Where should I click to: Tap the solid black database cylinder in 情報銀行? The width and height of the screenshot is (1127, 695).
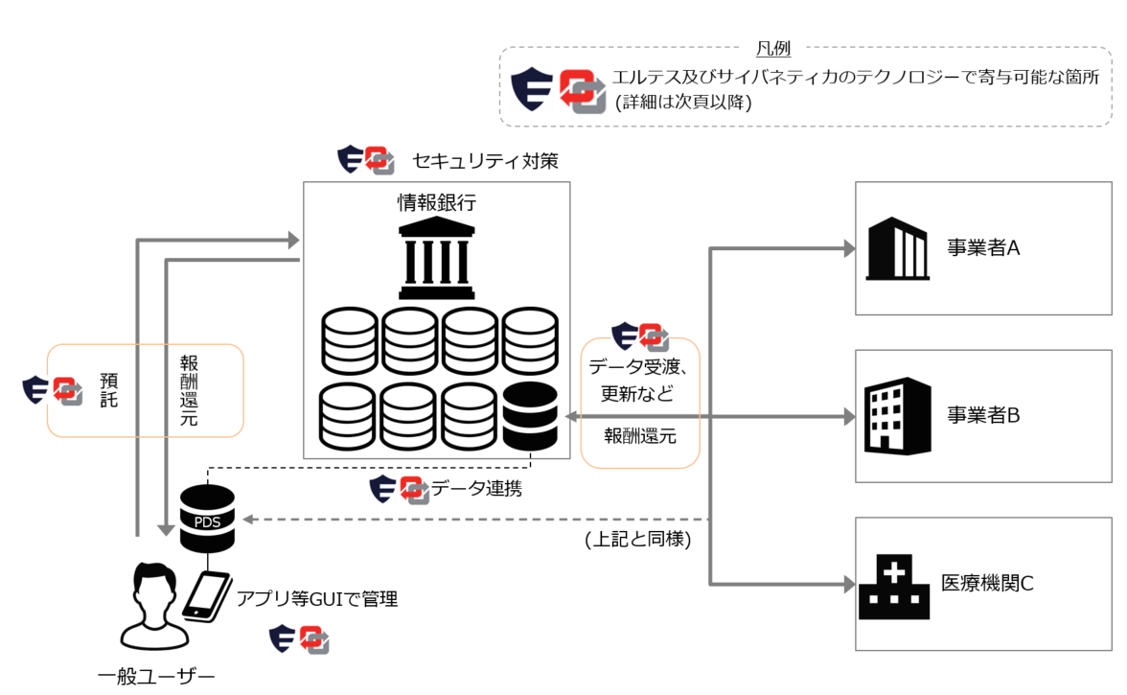pos(529,415)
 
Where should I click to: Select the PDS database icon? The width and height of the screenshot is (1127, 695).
pos(207,519)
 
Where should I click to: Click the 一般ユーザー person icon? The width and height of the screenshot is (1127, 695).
pos(149,604)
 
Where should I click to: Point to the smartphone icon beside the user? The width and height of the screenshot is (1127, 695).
pos(207,595)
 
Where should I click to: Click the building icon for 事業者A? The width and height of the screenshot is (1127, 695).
pos(897,248)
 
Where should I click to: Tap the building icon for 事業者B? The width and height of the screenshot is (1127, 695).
pos(897,415)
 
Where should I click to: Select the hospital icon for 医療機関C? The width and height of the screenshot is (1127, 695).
pos(893,586)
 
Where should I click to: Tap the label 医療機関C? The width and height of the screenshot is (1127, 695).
pos(987,583)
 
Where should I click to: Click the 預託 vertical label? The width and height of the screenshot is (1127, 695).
pos(109,389)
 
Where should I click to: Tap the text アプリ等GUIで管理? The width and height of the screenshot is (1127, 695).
pos(317,600)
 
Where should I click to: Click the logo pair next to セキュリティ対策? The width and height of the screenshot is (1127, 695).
pos(366,160)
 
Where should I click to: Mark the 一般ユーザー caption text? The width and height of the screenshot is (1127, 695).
pos(156,678)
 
